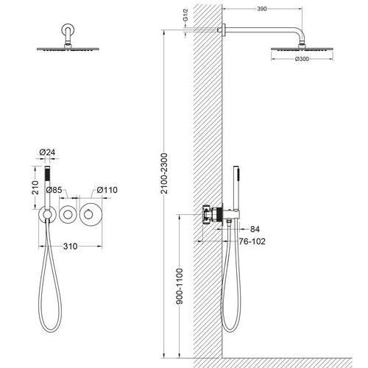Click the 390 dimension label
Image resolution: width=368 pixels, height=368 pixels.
click(262, 9)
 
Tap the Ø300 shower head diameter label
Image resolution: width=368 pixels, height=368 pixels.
click(302, 59)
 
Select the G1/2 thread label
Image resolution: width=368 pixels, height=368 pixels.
click(185, 15)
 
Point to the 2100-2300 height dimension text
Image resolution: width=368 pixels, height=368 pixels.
click(164, 174)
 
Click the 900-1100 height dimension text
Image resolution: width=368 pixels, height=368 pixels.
click(180, 286)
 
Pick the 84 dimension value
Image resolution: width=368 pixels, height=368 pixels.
click(255, 229)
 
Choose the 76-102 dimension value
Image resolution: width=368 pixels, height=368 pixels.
click(252, 241)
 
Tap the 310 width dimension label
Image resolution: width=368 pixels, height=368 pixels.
click(70, 246)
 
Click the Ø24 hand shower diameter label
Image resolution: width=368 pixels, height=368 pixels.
click(47, 152)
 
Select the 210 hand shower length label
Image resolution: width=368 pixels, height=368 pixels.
click(35, 188)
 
